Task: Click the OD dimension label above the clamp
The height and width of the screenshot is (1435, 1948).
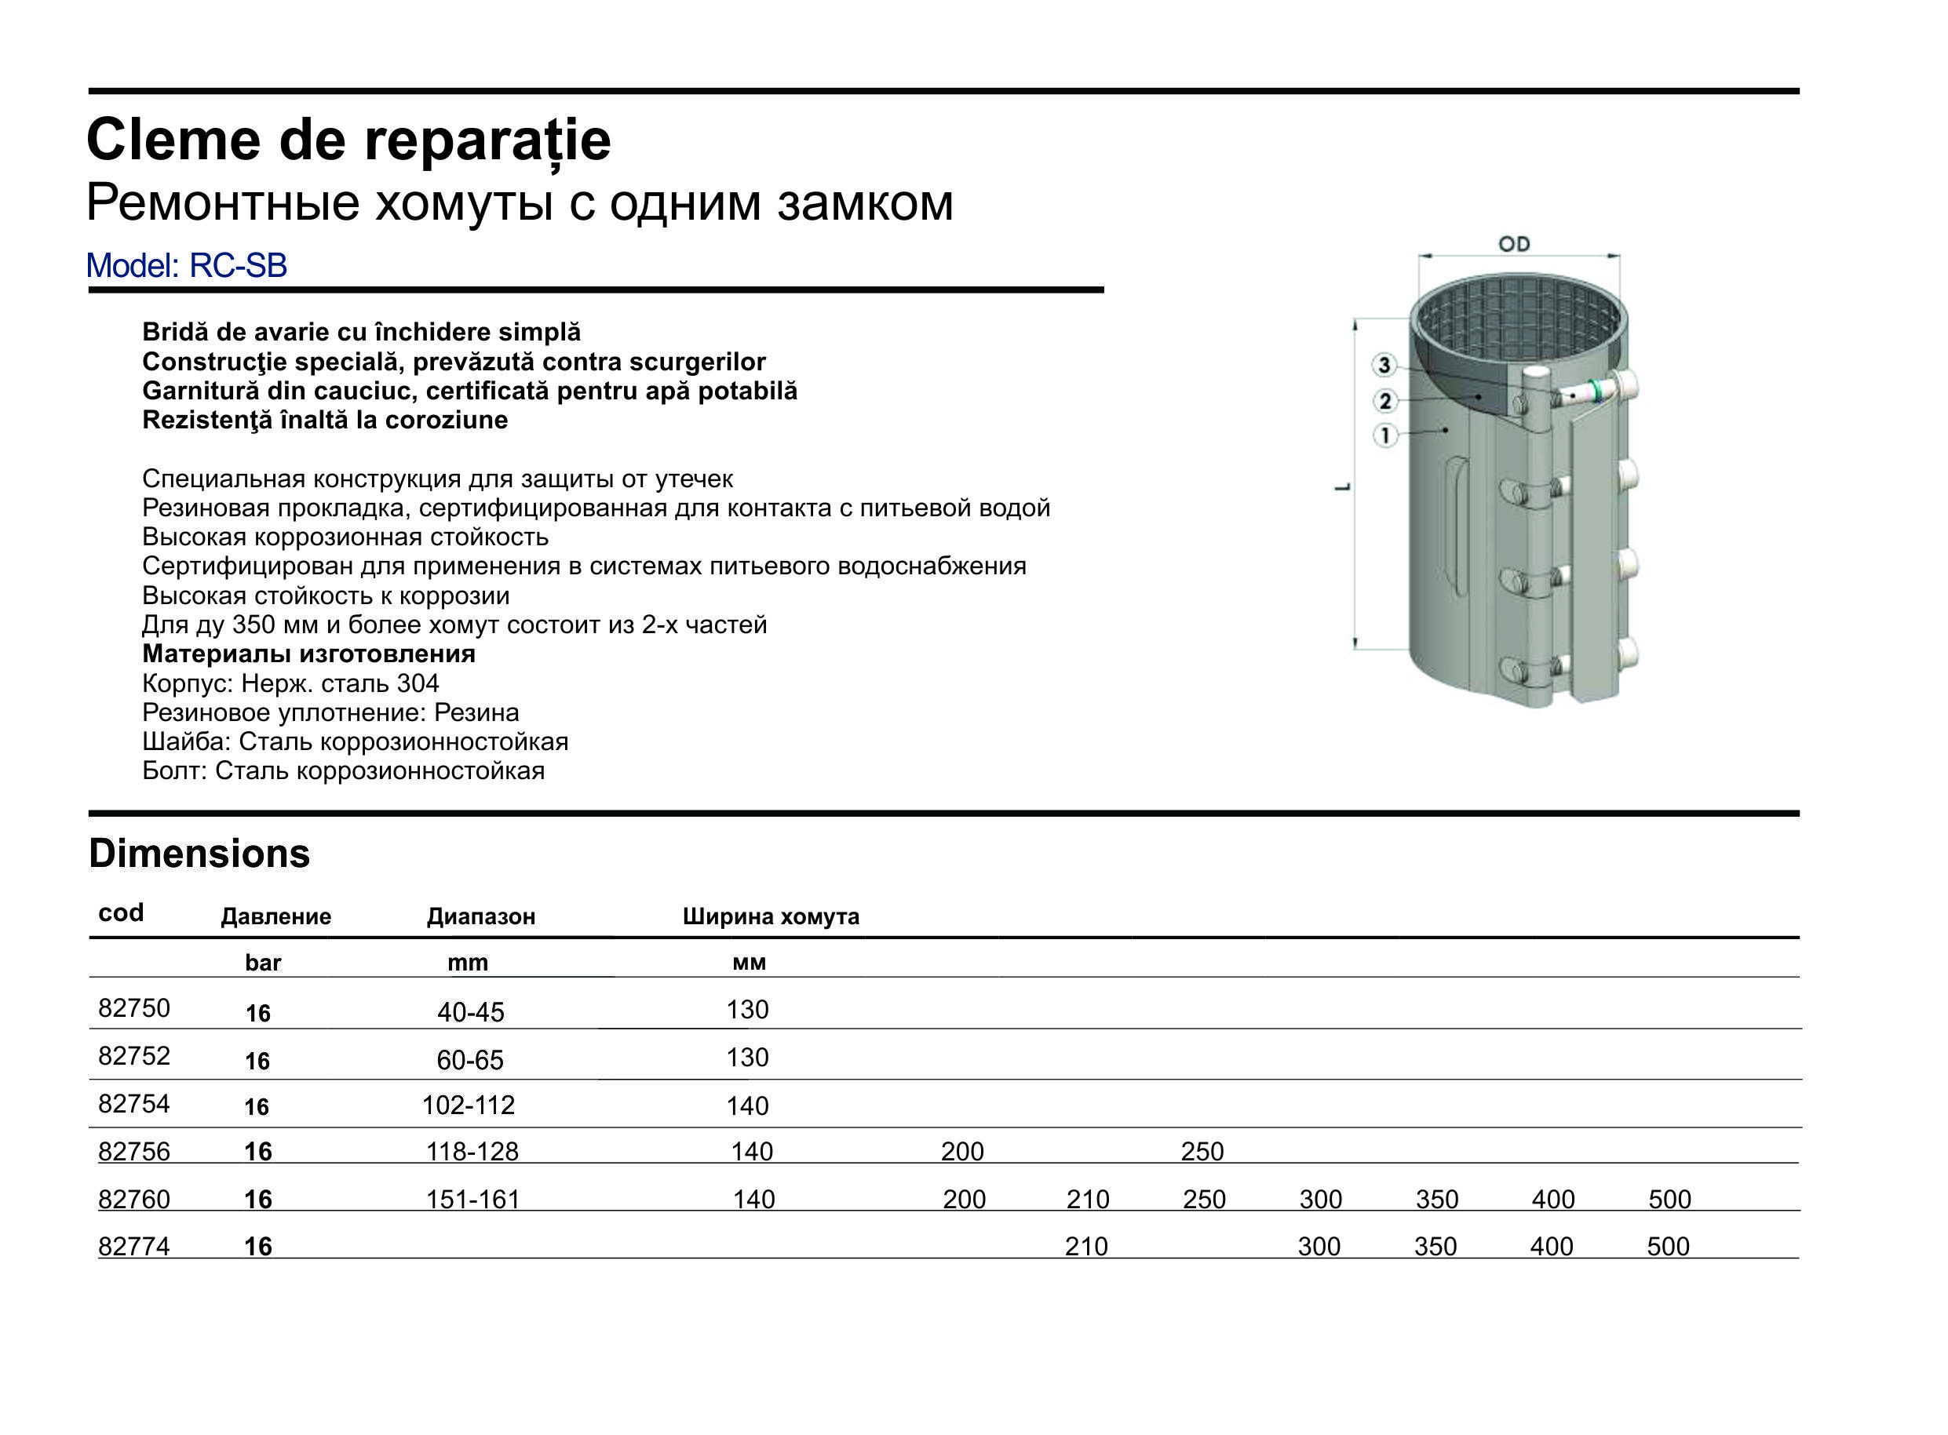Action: tap(1513, 244)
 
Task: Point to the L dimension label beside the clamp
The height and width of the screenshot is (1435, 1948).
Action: tap(1343, 488)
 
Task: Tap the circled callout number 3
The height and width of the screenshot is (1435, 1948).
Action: tap(1385, 366)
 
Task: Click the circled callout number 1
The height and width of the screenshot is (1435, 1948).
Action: tap(1385, 435)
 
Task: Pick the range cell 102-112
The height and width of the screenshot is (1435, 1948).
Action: tap(469, 1105)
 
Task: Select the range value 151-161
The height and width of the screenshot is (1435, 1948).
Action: tap(472, 1200)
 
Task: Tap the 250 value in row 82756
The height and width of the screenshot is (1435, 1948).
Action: tap(1202, 1152)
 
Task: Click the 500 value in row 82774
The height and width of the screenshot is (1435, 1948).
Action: tap(1667, 1247)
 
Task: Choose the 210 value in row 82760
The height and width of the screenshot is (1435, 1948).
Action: tap(1088, 1200)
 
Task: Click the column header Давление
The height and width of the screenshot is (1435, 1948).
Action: tap(275, 916)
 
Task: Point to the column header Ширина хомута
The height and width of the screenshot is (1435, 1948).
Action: tap(770, 916)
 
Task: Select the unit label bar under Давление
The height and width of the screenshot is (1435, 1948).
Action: tap(263, 963)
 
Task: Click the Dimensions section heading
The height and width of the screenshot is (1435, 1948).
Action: tap(199, 854)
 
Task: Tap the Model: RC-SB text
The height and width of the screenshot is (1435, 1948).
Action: tap(186, 266)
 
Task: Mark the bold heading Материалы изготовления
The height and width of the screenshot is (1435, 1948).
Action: tap(308, 654)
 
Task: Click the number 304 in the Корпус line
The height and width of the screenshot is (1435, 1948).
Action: tap(417, 683)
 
